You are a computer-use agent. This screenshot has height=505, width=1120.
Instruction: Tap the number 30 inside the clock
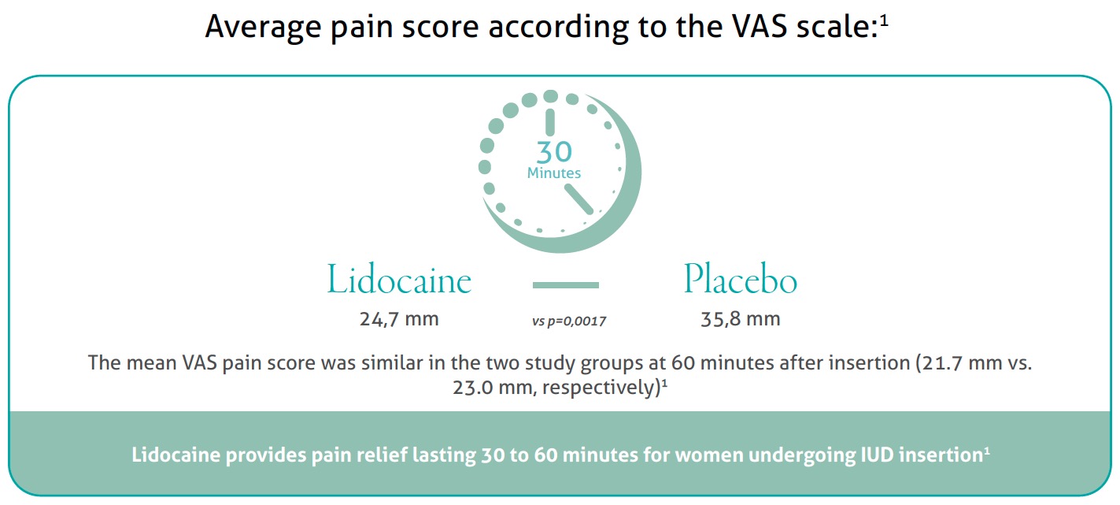(554, 151)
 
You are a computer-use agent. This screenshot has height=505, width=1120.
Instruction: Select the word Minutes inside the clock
(554, 173)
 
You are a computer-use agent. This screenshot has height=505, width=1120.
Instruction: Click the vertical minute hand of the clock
(550, 122)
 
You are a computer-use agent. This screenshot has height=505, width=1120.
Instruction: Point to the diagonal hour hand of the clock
(579, 199)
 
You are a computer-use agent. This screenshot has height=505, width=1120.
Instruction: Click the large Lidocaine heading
(399, 279)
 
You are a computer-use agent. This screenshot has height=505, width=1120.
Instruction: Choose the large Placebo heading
(740, 279)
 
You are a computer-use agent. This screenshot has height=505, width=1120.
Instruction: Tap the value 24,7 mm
(399, 319)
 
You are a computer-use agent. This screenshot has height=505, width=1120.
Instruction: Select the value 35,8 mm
(741, 319)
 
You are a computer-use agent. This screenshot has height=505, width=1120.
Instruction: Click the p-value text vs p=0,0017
(569, 321)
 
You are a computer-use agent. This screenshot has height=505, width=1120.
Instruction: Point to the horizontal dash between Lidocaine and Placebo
(565, 284)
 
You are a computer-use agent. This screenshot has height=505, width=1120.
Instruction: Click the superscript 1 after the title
(884, 21)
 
